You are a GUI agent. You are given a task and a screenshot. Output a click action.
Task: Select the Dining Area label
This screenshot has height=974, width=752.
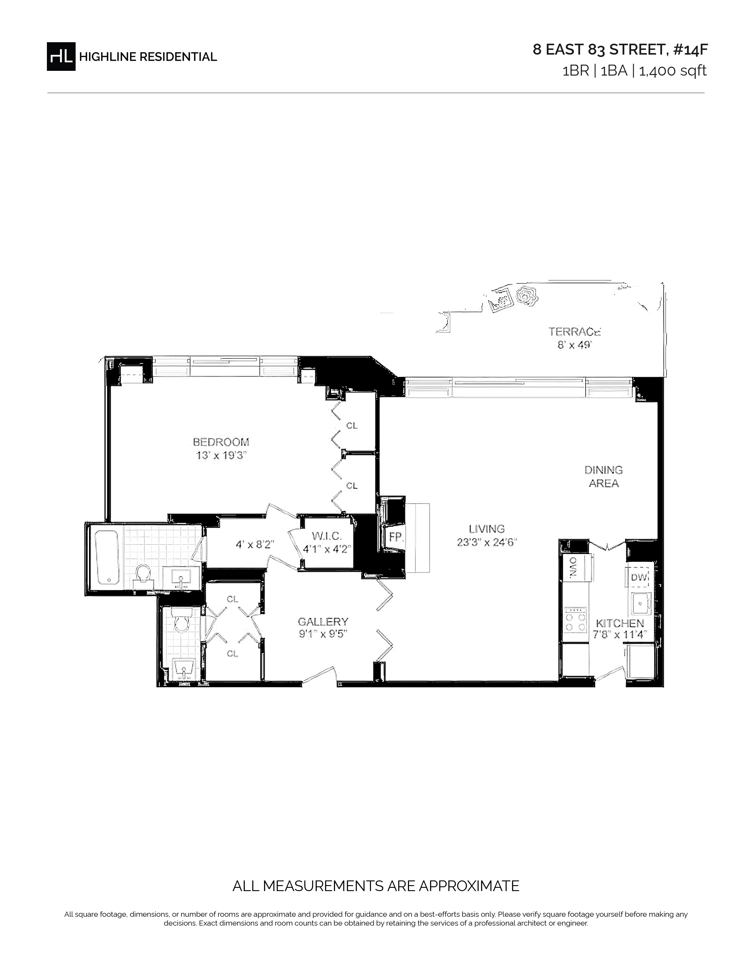604,476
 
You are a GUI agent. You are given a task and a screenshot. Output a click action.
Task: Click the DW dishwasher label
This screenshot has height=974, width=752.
638,577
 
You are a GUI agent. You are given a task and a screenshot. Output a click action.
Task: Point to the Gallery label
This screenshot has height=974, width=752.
323,622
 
